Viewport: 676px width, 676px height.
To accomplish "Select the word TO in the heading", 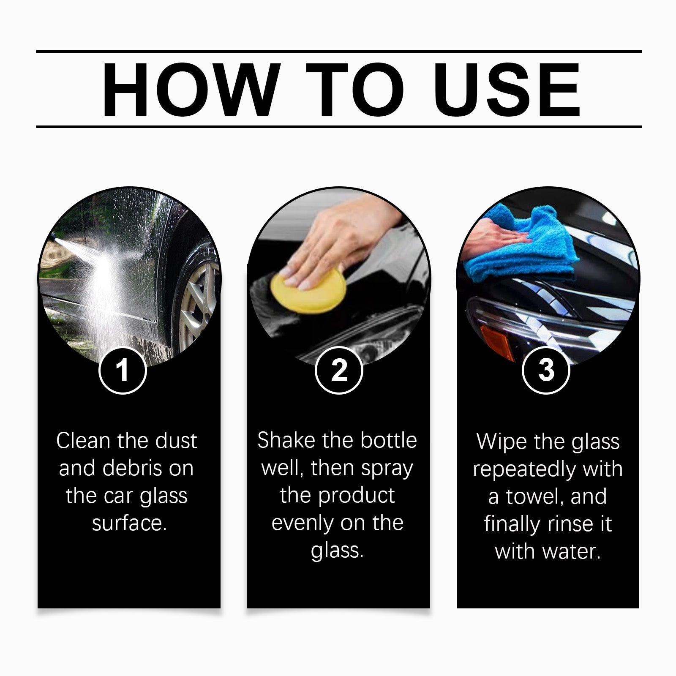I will [x=355, y=90].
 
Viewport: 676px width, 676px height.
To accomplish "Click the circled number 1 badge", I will [x=123, y=370].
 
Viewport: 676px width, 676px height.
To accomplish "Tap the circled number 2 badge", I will [x=339, y=370].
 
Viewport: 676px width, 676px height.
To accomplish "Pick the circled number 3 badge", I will [x=546, y=370].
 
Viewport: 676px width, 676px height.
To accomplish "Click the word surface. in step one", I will [x=129, y=523].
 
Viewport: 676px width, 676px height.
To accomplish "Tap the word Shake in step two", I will [x=286, y=440].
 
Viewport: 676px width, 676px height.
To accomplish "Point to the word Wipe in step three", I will [x=502, y=442].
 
